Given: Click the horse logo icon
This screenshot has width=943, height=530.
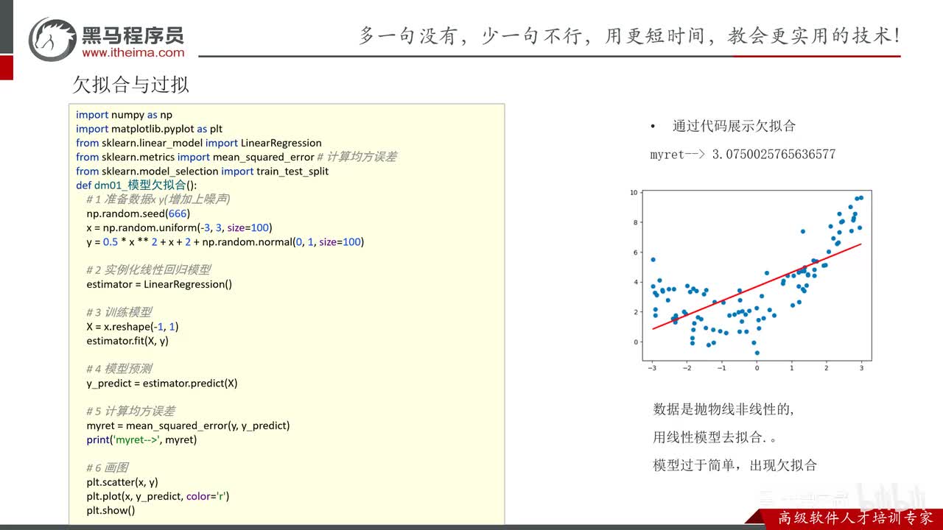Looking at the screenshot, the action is point(52,39).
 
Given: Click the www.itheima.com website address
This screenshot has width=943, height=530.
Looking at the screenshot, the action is point(133,52).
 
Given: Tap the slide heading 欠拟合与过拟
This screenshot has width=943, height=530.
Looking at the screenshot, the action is point(131,85).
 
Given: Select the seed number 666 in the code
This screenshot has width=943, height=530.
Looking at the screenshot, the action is point(178,213).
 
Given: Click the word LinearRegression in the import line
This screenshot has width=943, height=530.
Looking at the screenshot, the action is point(281,143).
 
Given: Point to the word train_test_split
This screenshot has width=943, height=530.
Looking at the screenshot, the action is point(292,172).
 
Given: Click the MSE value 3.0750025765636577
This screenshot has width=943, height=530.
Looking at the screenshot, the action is point(774,155).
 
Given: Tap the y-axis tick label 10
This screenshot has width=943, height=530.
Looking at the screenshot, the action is point(634,193).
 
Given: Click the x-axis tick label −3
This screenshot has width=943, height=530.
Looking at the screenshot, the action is point(652,368).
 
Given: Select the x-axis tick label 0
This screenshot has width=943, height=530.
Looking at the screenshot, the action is point(757,368).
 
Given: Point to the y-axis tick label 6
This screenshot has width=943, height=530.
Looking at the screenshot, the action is point(636,252).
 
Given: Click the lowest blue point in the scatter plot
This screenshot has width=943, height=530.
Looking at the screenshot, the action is point(757,353).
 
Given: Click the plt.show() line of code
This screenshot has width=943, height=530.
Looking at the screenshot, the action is point(111,511).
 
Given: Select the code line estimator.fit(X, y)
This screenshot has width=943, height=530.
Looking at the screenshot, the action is point(127,341).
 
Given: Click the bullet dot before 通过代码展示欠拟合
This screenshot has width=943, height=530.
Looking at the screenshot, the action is point(653,126).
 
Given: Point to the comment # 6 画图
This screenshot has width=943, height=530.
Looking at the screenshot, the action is point(108,467).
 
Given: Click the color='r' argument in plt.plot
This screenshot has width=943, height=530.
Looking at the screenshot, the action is point(208,496).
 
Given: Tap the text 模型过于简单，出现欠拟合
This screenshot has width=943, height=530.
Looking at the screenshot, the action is point(735,465).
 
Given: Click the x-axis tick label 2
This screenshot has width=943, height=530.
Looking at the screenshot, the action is point(827,368).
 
